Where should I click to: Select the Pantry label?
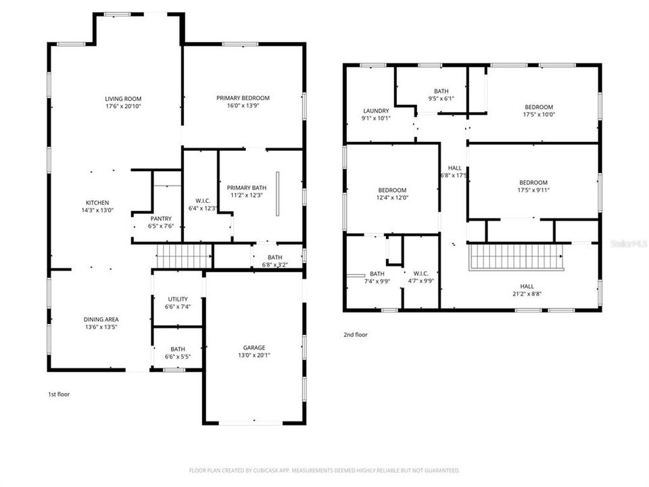pyautogui.click(x=161, y=218)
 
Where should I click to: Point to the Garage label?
pyautogui.click(x=254, y=348)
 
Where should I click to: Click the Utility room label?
pyautogui.click(x=178, y=299)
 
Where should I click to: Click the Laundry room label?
pyautogui.click(x=376, y=111)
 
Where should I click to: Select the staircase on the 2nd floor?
pyautogui.click(x=517, y=257)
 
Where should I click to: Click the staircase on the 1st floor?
pyautogui.click(x=175, y=257)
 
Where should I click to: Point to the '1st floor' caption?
pyautogui.click(x=59, y=394)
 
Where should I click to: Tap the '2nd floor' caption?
pyautogui.click(x=356, y=334)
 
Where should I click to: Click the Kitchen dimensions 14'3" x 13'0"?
pyautogui.click(x=97, y=210)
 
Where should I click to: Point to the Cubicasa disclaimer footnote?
pyautogui.click(x=324, y=470)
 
